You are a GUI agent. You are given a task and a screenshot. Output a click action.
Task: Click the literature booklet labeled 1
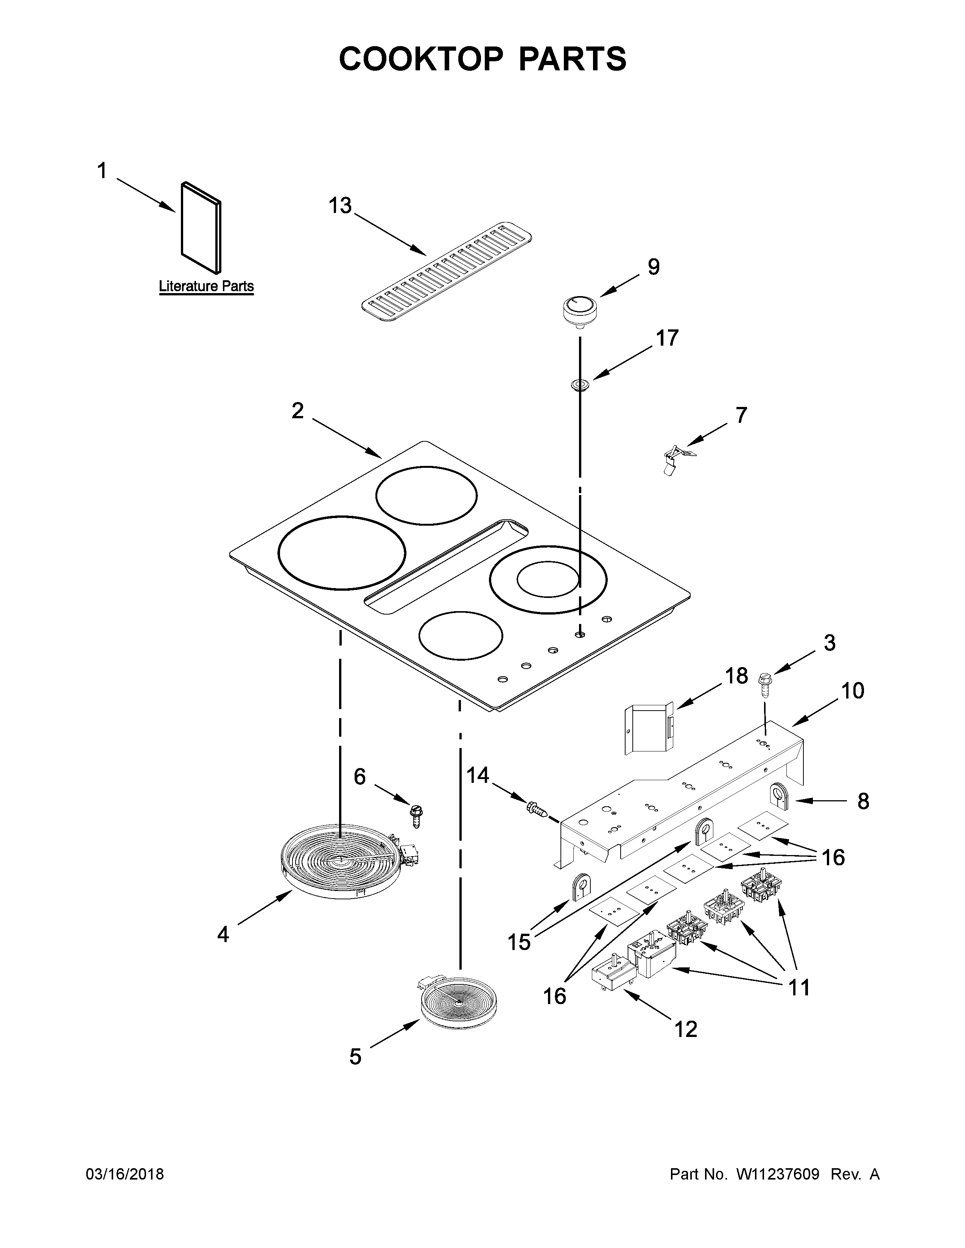click(x=201, y=227)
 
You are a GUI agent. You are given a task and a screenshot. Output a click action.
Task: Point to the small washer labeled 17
click(x=580, y=385)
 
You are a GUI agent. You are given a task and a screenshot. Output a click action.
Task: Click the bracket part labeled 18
click(x=651, y=729)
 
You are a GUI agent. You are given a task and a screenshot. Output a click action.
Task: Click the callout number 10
click(x=852, y=691)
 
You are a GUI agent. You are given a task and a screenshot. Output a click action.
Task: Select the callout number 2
click(x=297, y=411)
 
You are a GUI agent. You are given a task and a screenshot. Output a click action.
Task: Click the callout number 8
click(x=863, y=802)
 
